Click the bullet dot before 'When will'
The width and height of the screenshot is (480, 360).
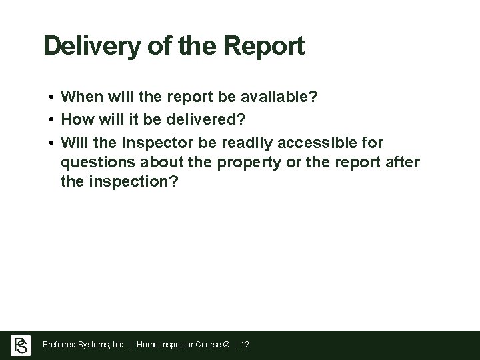click(x=51, y=97)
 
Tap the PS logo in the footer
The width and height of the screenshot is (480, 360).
click(x=21, y=345)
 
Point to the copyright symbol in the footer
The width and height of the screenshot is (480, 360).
click(x=227, y=345)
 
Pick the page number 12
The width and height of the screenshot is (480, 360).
click(x=245, y=345)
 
